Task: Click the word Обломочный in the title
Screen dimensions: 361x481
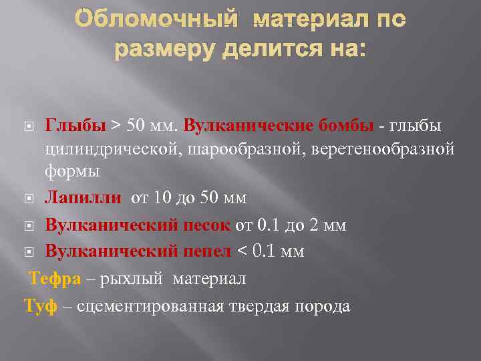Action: [156, 21]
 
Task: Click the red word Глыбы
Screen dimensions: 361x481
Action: [75, 126]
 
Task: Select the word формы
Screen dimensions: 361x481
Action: [72, 171]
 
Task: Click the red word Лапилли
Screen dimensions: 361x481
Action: [83, 198]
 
